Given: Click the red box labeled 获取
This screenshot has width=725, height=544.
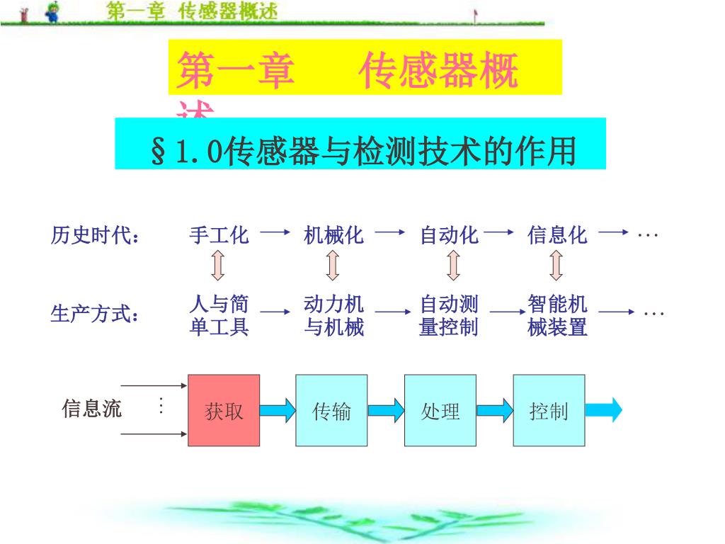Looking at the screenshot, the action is click(224, 410).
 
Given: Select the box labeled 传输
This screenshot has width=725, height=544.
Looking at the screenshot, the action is click(331, 410).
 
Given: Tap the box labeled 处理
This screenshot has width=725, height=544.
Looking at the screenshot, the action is click(440, 410).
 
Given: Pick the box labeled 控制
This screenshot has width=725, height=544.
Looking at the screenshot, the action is click(549, 410).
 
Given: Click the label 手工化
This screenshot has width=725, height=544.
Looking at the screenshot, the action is click(219, 235).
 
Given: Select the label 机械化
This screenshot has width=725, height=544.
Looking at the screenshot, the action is click(333, 235).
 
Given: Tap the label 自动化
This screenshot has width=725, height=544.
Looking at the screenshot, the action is click(450, 235).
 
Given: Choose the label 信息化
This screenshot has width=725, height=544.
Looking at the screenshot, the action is click(557, 235).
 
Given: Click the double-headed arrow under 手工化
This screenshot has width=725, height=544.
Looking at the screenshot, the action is click(218, 266).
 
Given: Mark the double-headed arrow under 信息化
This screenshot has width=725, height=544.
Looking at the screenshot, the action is click(556, 266).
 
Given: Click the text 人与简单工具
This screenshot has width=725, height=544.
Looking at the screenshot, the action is click(219, 316).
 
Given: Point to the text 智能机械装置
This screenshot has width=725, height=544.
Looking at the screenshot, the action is click(557, 316).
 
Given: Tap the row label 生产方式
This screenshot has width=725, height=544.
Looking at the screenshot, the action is click(94, 314).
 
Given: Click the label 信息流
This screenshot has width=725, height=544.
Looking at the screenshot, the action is click(92, 409).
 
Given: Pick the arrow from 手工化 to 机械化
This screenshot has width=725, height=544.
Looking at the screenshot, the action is click(275, 232).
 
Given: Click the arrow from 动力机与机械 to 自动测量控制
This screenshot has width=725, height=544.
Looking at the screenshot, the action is click(394, 312).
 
